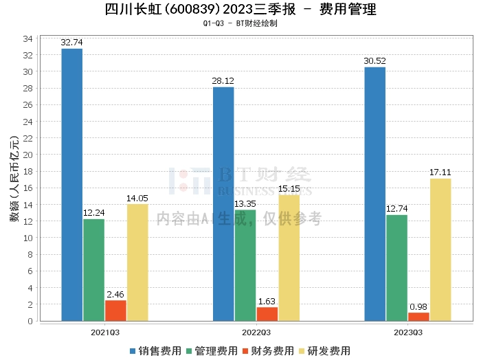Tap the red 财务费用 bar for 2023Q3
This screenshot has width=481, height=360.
[418, 317]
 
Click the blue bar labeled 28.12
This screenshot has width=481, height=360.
[223, 203]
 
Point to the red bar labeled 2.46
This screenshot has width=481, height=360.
[115, 311]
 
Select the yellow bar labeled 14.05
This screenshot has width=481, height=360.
[137, 262]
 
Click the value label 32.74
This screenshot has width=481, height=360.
[72, 43]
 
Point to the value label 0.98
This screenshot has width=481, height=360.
[418, 306]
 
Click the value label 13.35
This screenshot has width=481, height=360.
[245, 203]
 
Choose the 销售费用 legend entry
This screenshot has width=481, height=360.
[156, 351]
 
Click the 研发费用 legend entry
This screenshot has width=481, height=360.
[325, 351]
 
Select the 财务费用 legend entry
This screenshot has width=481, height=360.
[269, 351]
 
